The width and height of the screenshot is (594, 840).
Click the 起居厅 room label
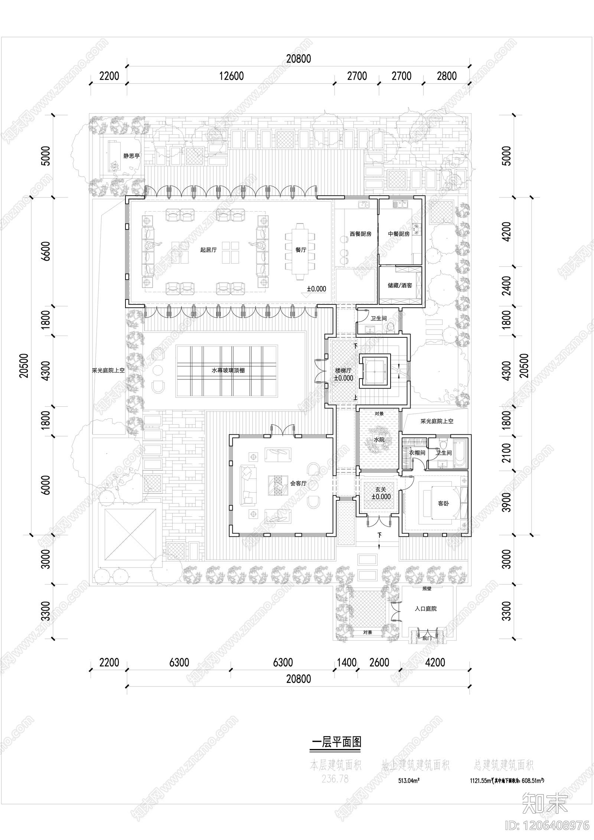click(208, 250)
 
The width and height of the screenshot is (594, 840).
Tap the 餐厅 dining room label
click(301, 250)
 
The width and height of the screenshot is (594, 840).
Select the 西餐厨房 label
click(360, 234)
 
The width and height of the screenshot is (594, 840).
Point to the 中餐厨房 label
click(399, 234)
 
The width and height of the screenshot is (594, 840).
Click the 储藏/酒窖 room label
click(400, 285)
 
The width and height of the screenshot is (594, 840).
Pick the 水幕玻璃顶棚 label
click(228, 370)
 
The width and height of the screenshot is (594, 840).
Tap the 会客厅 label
click(298, 483)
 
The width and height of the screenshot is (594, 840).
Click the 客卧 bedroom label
click(443, 504)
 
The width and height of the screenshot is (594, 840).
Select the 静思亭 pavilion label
click(131, 156)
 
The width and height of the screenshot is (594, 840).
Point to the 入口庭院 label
click(425, 609)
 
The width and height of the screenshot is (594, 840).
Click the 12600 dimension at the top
click(231, 76)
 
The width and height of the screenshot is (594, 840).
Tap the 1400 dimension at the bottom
click(346, 662)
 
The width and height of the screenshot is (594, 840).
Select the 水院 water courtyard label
click(379, 439)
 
